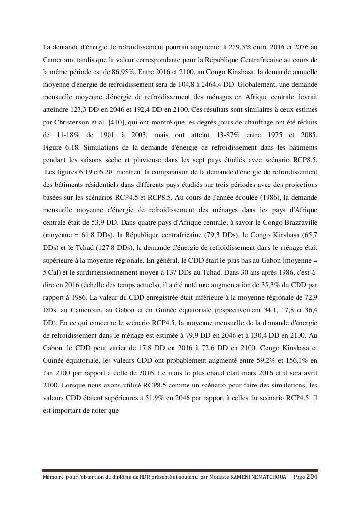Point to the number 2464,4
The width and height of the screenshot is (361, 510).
[228, 85]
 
